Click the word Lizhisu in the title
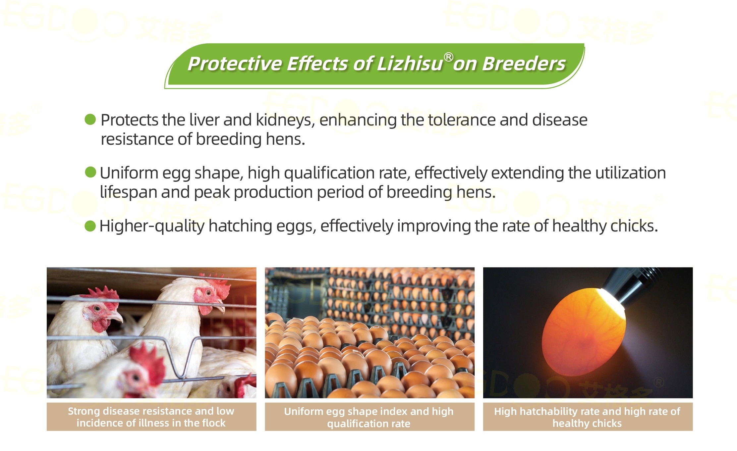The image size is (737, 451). click(410, 64)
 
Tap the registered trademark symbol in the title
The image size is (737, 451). click(448, 57)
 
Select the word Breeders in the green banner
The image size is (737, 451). click(524, 64)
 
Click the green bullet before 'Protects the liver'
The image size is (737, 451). click(90, 119)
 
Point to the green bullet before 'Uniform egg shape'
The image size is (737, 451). click(90, 172)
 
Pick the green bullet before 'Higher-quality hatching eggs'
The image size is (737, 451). click(90, 226)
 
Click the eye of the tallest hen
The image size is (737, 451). click(208, 293)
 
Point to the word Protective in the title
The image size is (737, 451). click(234, 64)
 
